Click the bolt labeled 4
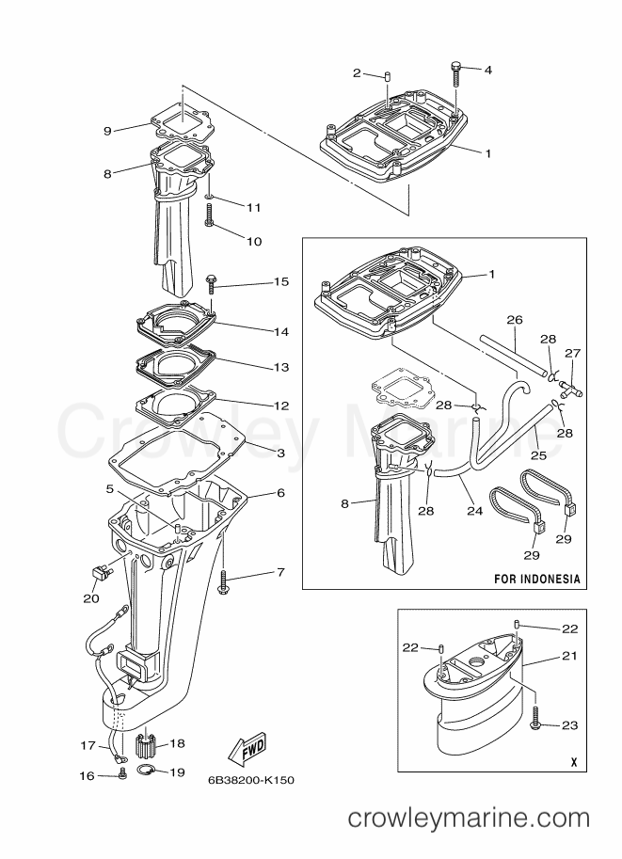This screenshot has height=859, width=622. pos(455,70)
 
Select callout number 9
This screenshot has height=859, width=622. pos(106,131)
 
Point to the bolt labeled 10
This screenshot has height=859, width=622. pos(209,219)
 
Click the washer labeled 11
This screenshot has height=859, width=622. pos(209,198)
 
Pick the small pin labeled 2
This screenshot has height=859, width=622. pos(387,73)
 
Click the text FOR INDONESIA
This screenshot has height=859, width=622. pos(536,578)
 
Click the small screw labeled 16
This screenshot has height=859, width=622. pos(122,774)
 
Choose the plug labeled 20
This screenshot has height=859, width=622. pos(97,571)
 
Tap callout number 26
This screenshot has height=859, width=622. pos(514,320)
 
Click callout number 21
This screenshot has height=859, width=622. pos(568,656)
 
